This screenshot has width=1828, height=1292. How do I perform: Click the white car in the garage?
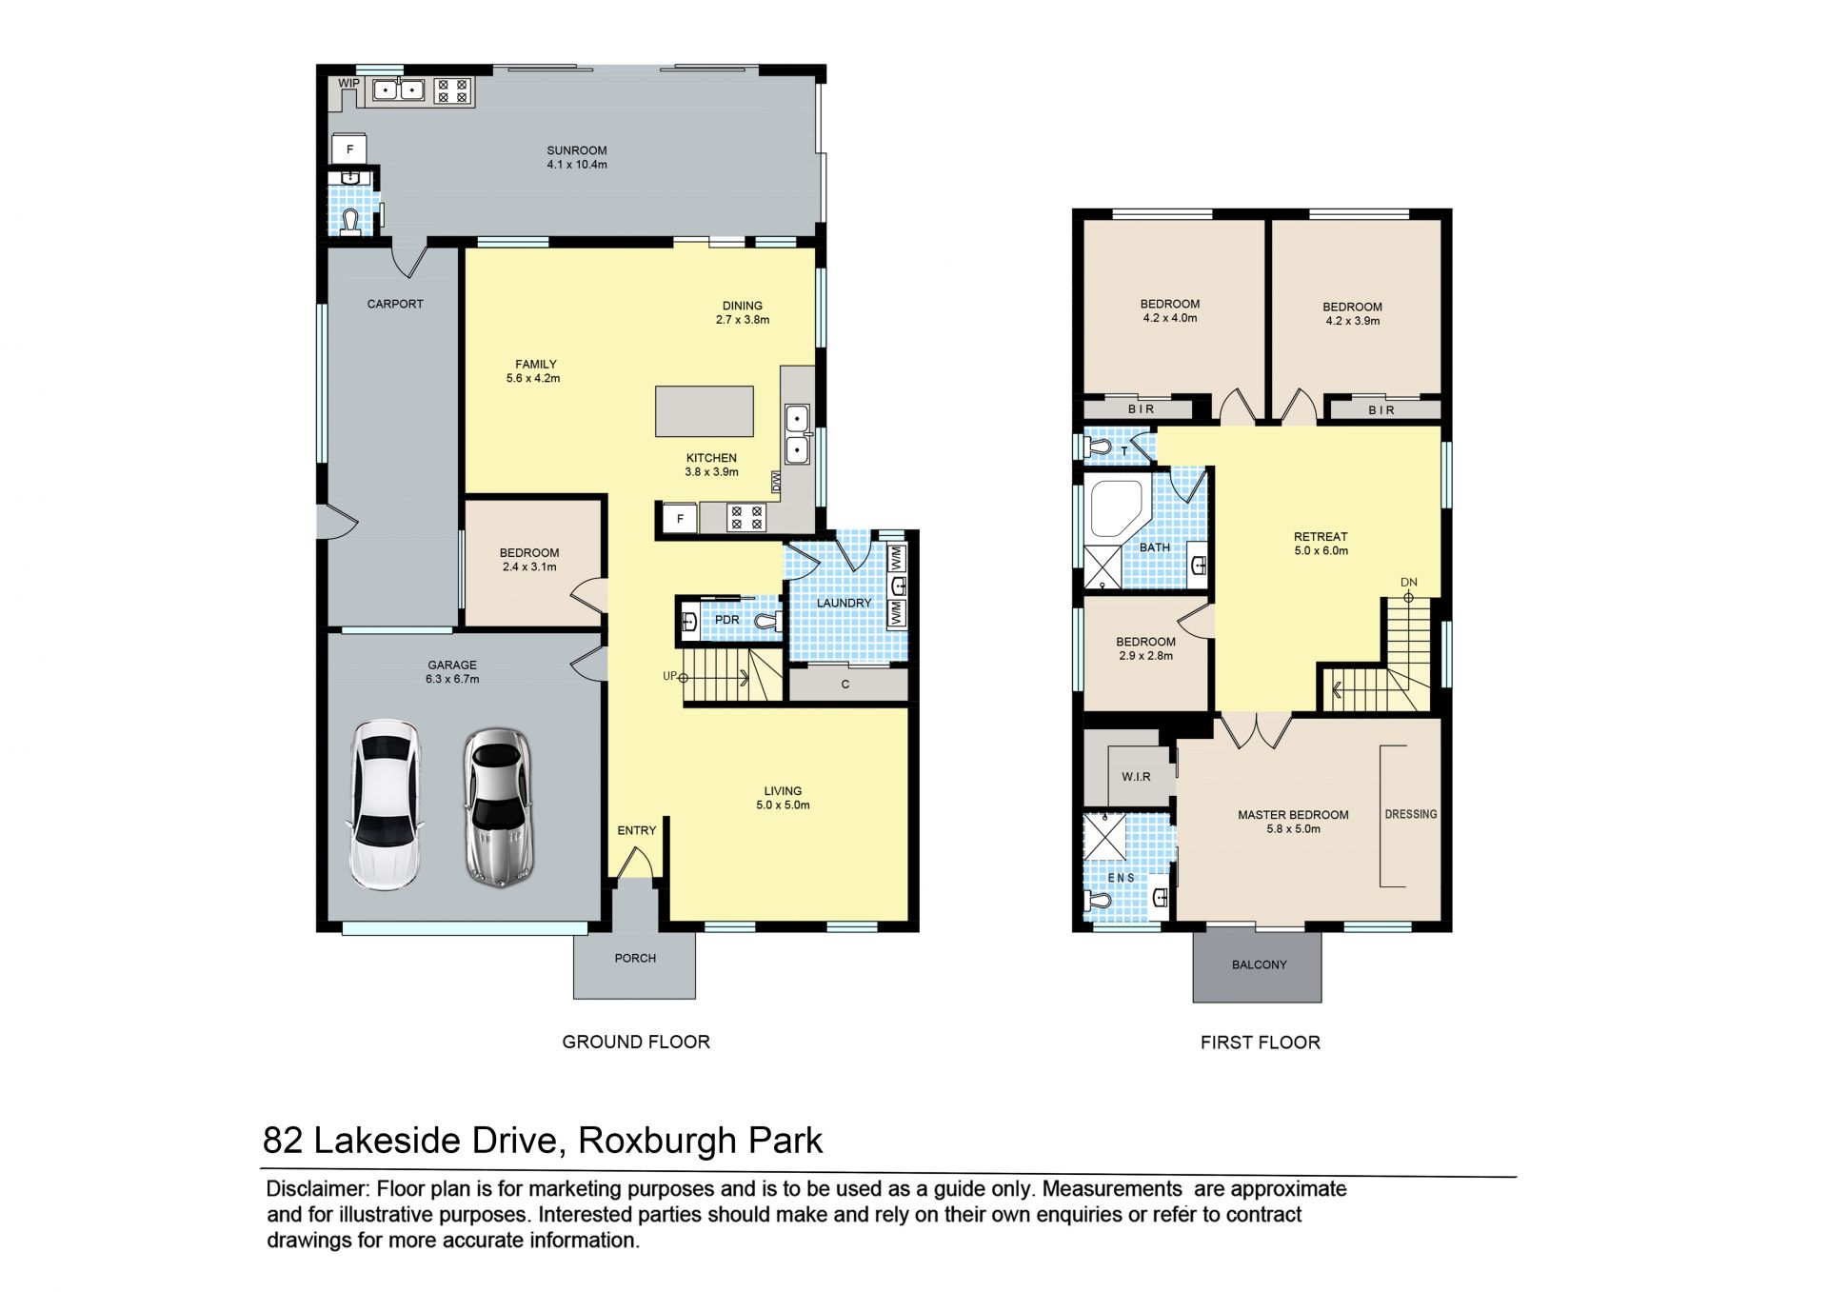[x=385, y=805]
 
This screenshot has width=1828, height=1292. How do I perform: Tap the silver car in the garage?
[x=498, y=807]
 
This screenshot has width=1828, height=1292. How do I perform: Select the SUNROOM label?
[x=577, y=150]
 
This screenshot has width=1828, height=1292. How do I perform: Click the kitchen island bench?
[x=705, y=411]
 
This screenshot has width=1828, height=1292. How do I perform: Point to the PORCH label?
[x=635, y=958]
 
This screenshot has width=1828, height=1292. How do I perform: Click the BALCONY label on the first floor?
[x=1259, y=964]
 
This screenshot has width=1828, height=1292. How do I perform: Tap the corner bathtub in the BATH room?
[x=1116, y=509]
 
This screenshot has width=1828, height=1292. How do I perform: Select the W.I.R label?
[x=1136, y=777]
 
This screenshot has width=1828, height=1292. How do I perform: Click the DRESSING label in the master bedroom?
[x=1411, y=814]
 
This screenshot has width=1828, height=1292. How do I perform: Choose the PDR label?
[x=727, y=620]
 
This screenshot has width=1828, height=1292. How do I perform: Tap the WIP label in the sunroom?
[x=349, y=83]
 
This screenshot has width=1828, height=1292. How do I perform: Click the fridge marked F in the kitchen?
[x=680, y=519]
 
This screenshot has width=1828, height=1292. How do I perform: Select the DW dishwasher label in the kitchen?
[x=776, y=482]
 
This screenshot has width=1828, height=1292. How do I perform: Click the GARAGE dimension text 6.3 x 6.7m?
[x=452, y=679]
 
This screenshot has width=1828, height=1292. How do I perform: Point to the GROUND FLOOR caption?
[x=636, y=1042]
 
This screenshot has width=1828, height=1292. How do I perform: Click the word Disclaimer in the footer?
[x=317, y=1189]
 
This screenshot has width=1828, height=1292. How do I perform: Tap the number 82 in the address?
[x=283, y=1141]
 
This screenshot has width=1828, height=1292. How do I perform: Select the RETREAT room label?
[x=1321, y=537]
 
